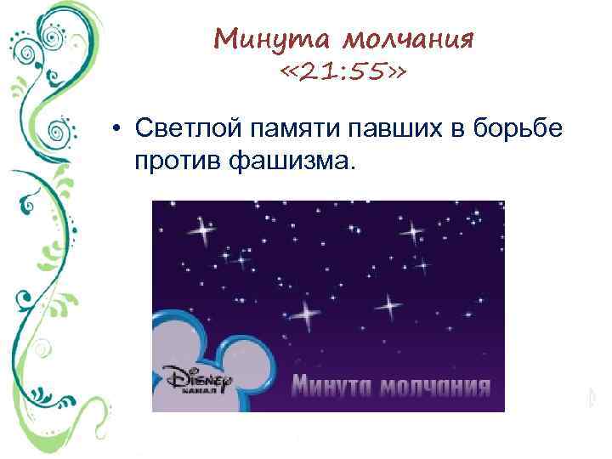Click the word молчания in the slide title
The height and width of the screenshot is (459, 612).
pyautogui.click(x=405, y=38)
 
